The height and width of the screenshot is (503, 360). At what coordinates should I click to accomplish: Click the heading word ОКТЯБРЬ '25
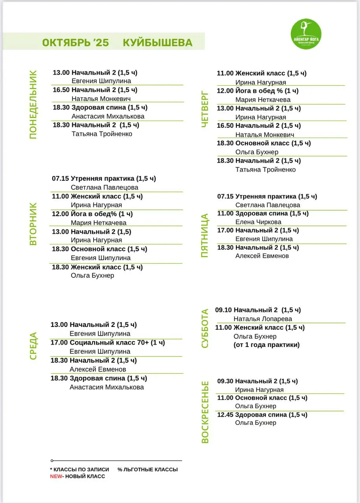(x=75, y=42)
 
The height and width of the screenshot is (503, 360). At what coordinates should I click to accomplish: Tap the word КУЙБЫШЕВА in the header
(x=158, y=42)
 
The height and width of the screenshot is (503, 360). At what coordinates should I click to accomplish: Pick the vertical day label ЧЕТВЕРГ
(x=205, y=109)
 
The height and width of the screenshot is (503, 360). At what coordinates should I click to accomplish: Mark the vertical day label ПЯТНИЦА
(x=205, y=235)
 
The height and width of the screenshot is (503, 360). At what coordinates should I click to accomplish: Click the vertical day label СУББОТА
(x=205, y=329)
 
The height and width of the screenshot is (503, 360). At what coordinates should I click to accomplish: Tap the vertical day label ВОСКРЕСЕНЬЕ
(x=205, y=412)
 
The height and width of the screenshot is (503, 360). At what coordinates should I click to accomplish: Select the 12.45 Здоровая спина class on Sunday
(x=262, y=415)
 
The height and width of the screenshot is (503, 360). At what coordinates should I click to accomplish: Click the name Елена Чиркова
(x=258, y=222)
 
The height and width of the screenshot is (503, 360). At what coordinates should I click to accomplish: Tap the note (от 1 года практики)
(x=266, y=345)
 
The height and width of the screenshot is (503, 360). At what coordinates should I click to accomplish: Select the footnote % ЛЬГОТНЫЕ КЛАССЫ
(x=147, y=469)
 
